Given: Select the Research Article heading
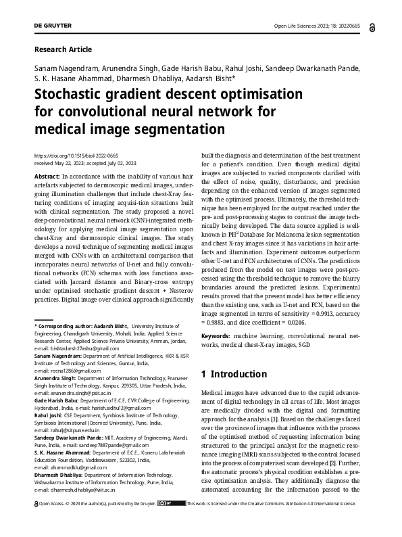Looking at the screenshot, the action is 63,49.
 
